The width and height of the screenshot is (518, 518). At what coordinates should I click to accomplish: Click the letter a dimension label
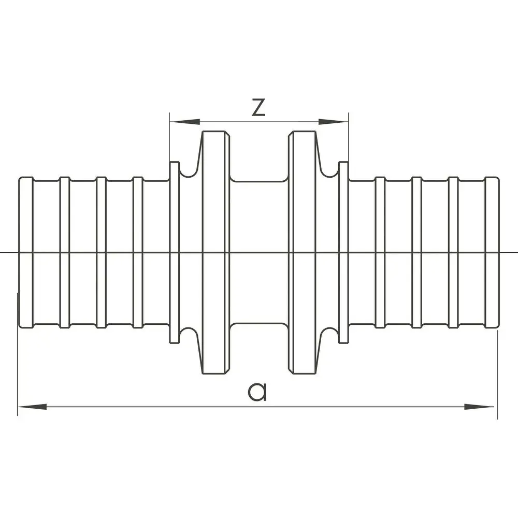click(257, 392)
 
